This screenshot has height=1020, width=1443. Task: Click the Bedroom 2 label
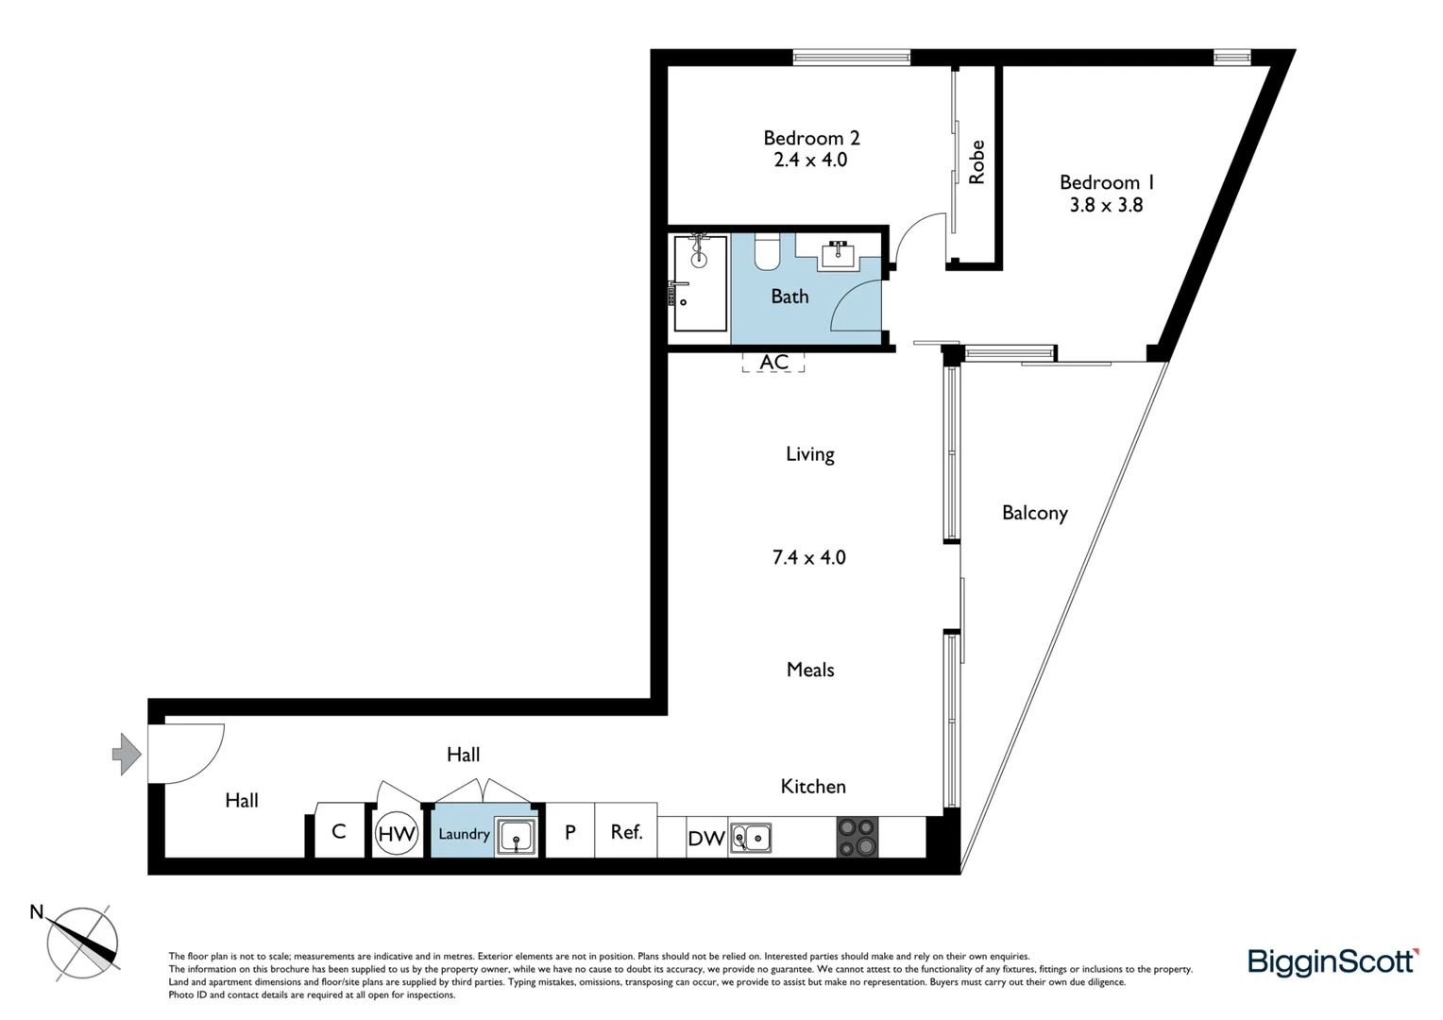(810, 138)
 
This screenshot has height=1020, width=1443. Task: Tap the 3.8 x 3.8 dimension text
(1106, 205)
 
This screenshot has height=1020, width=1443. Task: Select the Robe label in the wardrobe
(976, 162)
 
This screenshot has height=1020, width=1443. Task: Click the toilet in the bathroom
(767, 251)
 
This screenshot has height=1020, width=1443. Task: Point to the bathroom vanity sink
(838, 253)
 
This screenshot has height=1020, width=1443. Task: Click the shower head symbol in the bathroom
(699, 257)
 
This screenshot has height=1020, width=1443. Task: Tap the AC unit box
(773, 362)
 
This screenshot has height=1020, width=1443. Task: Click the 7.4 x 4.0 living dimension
(808, 557)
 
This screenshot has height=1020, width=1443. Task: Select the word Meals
(809, 670)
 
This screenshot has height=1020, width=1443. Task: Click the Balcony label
(1034, 513)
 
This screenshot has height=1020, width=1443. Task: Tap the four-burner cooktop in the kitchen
(857, 837)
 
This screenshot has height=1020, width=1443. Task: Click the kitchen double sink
(750, 838)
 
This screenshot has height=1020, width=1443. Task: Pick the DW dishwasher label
(705, 839)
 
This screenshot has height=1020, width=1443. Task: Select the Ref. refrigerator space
(626, 831)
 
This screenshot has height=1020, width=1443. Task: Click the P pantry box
(570, 831)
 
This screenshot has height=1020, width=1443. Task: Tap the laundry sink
(516, 837)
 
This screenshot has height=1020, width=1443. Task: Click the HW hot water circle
(397, 834)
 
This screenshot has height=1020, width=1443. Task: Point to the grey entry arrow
(127, 754)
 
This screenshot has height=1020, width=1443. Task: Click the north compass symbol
(83, 943)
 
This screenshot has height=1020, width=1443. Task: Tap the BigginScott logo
(1333, 961)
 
